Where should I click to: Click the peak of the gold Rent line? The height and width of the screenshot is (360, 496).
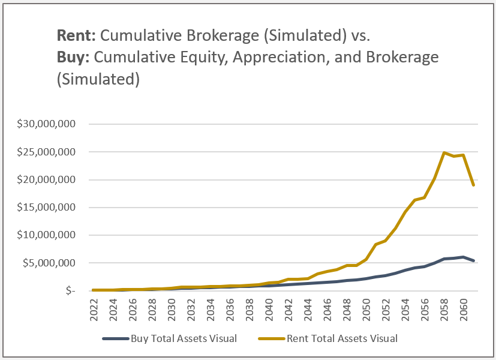pyautogui.click(x=444, y=152)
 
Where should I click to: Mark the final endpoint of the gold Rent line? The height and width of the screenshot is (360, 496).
pyautogui.click(x=473, y=185)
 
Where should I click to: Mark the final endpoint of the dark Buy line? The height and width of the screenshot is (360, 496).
pyautogui.click(x=473, y=260)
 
